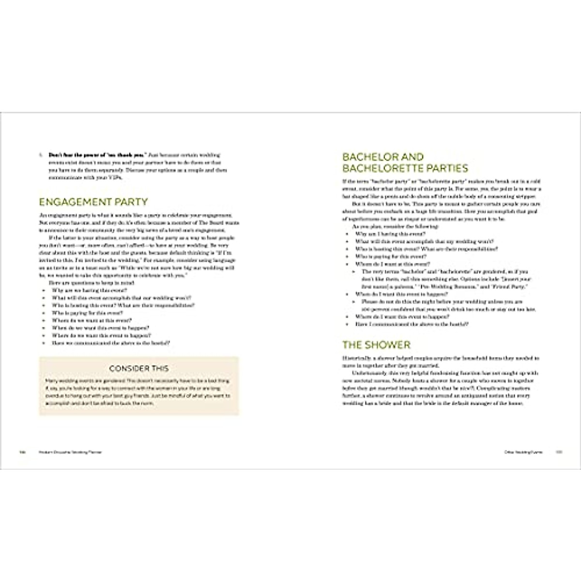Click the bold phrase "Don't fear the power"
pyautogui.click(x=77, y=155)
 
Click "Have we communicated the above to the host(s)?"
pyautogui.click(x=111, y=343)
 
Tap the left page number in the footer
pyautogui.click(x=22, y=451)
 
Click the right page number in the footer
pyautogui.click(x=558, y=451)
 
